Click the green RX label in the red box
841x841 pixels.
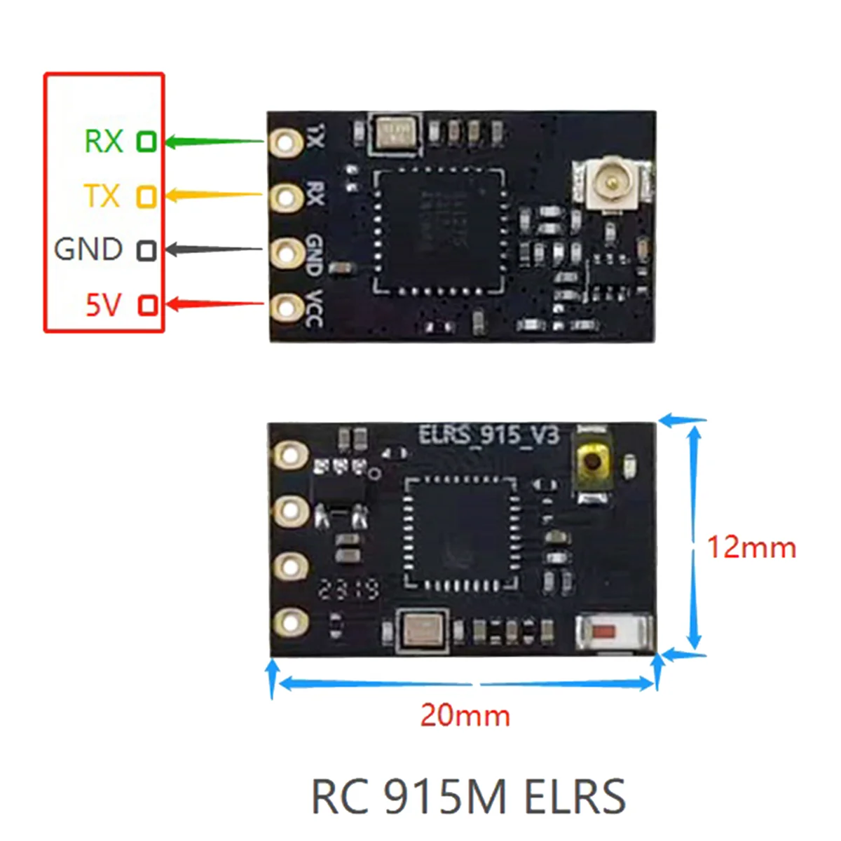(103, 141)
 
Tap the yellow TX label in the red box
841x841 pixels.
(102, 196)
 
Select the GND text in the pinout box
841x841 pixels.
(88, 249)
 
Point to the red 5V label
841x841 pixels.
(103, 305)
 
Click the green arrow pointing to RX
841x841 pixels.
(214, 142)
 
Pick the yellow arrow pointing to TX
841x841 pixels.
(214, 195)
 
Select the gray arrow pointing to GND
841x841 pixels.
(214, 249)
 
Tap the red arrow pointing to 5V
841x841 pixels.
(214, 304)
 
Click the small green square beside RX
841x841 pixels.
(146, 142)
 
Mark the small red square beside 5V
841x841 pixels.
(147, 306)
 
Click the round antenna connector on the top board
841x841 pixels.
(612, 184)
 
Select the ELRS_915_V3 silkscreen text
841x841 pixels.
(488, 435)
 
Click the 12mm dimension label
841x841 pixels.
(751, 547)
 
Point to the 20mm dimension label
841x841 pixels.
(465, 716)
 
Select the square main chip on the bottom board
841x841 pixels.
(461, 533)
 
